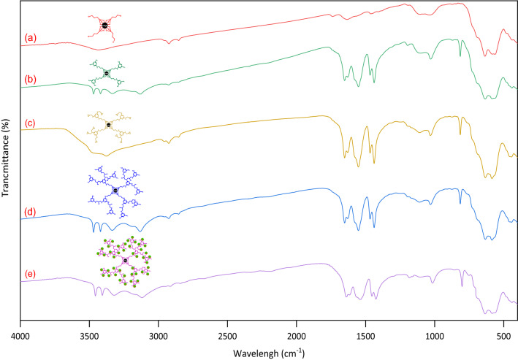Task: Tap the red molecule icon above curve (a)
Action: click(x=105, y=26)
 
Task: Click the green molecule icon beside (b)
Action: click(x=107, y=73)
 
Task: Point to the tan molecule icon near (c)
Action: click(x=108, y=125)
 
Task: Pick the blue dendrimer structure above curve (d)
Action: click(x=115, y=191)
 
